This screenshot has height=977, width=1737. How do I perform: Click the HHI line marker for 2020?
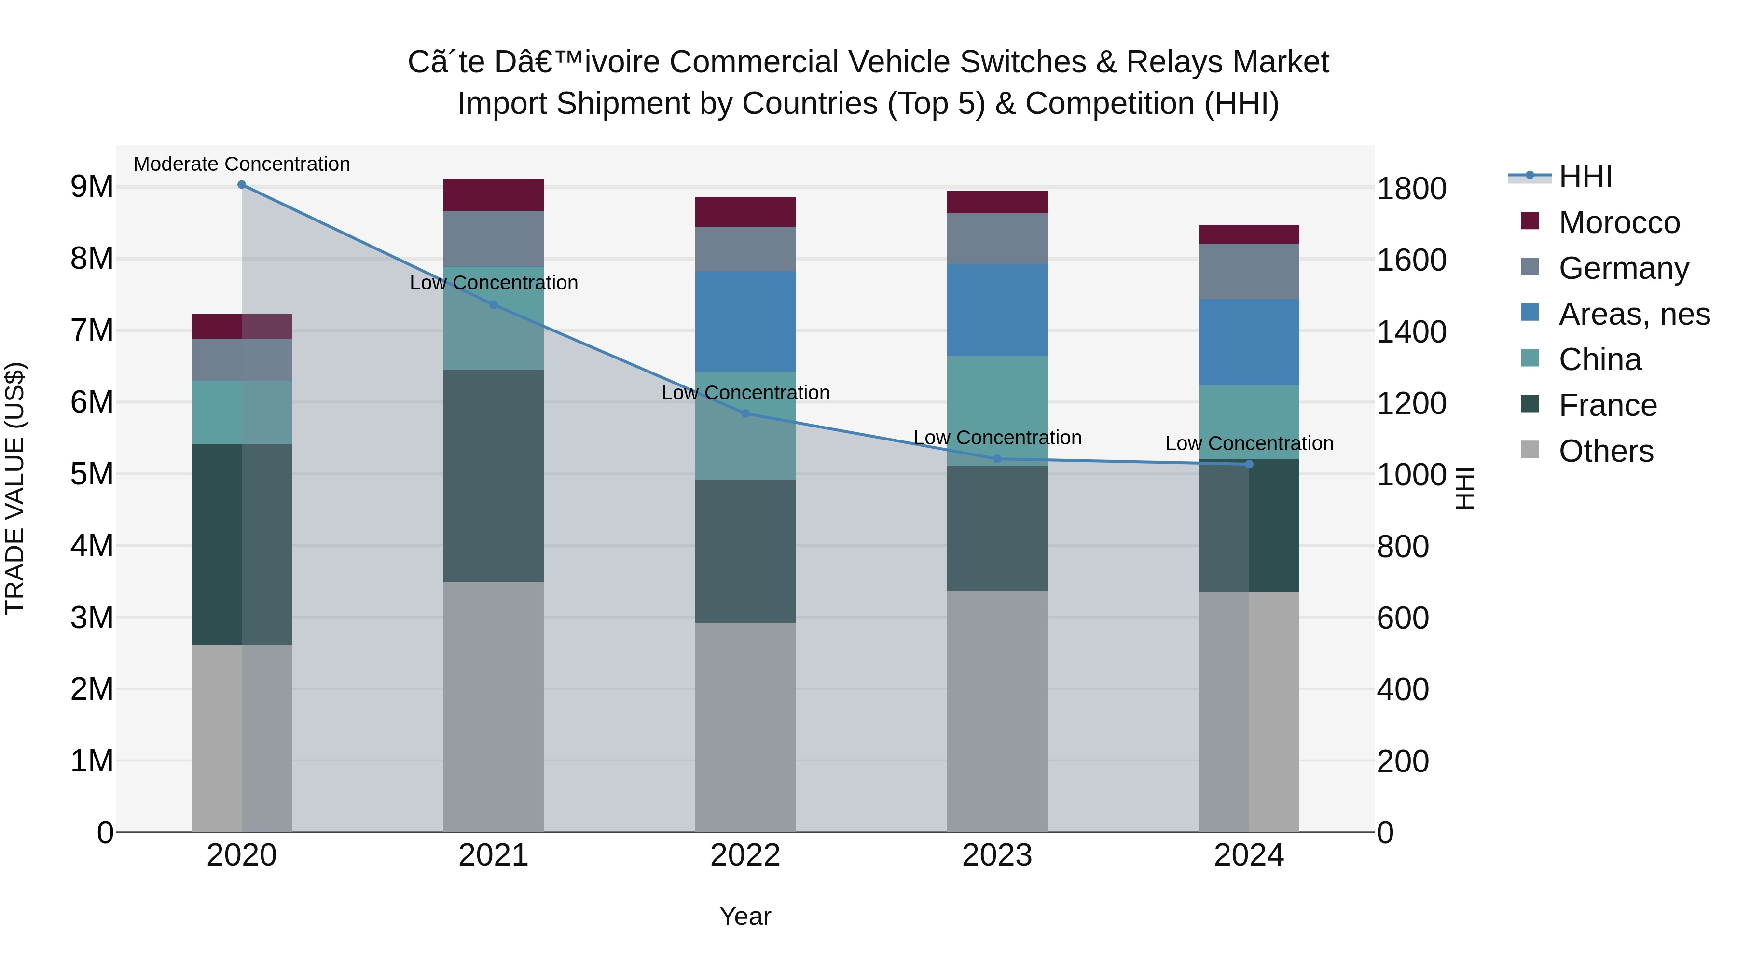point(241,185)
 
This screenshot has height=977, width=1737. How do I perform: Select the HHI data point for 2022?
point(745,413)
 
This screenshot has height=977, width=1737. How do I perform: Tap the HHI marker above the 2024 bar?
point(1249,464)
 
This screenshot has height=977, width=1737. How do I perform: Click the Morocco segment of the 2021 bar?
point(493,195)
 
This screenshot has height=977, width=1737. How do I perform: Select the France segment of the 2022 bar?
point(745,551)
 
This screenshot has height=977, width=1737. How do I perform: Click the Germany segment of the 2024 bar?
point(1249,271)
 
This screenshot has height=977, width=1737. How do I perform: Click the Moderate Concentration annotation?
point(241,164)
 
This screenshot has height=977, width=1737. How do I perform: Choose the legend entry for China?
point(1599,359)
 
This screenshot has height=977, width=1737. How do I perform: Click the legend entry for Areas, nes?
point(1633,314)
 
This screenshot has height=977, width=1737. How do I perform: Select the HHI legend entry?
point(1585,177)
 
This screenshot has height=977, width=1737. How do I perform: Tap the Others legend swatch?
point(1530,450)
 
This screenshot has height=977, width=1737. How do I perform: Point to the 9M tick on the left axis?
point(92,187)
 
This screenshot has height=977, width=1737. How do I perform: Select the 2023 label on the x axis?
point(997,855)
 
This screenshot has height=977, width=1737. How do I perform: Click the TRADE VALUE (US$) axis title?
point(15,488)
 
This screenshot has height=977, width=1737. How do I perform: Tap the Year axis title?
point(745,916)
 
